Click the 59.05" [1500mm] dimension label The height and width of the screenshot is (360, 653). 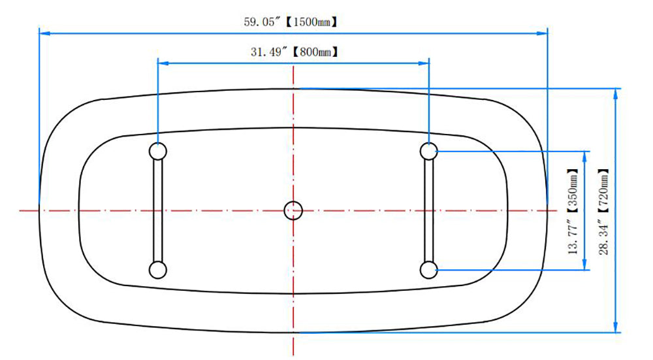pyautogui.click(x=291, y=22)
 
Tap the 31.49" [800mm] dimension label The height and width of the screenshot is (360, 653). pyautogui.click(x=295, y=52)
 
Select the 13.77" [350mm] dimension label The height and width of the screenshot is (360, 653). pyautogui.click(x=573, y=211)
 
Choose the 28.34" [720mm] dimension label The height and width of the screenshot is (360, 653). pyautogui.click(x=603, y=211)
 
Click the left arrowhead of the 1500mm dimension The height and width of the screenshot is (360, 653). pyautogui.click(x=44, y=33)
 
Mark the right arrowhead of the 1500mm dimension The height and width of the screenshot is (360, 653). pyautogui.click(x=542, y=33)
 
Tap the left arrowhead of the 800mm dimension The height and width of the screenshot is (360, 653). pyautogui.click(x=163, y=63)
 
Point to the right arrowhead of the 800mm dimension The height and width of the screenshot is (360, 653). pyautogui.click(x=424, y=63)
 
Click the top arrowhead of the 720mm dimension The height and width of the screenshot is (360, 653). pyautogui.click(x=616, y=93)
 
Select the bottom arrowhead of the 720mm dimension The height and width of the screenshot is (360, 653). pyautogui.click(x=616, y=327)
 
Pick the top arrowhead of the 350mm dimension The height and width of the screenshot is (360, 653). pyautogui.click(x=584, y=157)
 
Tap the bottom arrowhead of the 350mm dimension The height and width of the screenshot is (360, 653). pyautogui.click(x=584, y=265)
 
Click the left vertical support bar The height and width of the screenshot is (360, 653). pyautogui.click(x=158, y=210)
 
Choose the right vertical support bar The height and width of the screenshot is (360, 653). pyautogui.click(x=429, y=210)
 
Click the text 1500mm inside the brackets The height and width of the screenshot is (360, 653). pyautogui.click(x=311, y=22)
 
